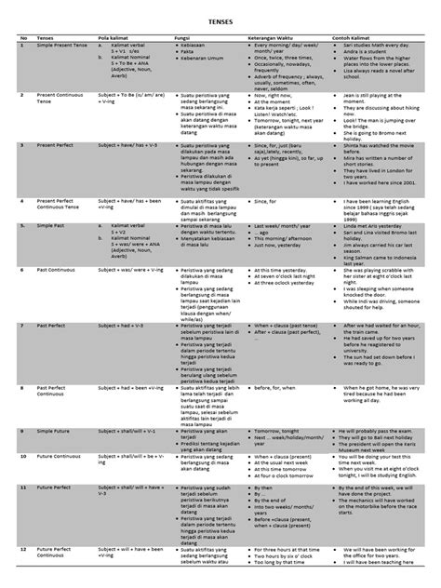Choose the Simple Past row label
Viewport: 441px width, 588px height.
tap(50, 224)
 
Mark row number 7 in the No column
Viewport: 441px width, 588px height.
tap(21, 324)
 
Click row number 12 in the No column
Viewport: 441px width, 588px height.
tap(22, 550)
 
